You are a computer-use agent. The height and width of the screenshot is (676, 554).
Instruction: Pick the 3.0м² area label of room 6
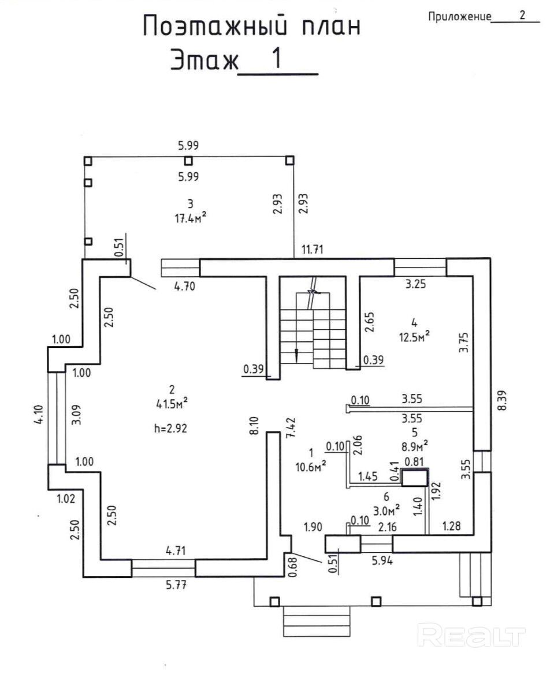click(x=386, y=510)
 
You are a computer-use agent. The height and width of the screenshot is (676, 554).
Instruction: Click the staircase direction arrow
click(x=296, y=354)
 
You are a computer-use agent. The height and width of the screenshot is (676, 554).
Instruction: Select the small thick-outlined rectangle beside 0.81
click(x=415, y=478)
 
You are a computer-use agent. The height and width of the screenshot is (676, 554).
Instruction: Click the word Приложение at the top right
click(x=459, y=17)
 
